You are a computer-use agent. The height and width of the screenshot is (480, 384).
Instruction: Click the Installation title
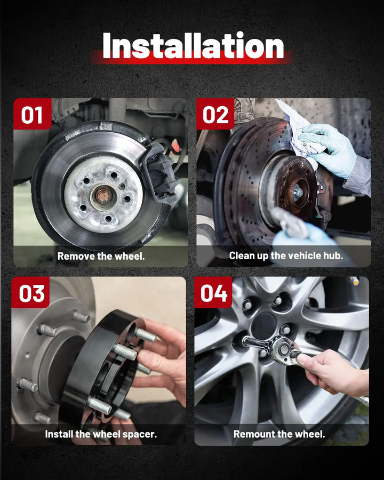(193, 46)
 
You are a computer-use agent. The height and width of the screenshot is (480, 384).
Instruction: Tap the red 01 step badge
(32, 114)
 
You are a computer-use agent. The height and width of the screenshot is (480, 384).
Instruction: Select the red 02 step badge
(215, 114)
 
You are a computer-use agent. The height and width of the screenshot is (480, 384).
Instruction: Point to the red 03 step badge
(30, 293)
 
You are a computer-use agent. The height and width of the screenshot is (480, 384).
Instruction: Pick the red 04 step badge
(213, 293)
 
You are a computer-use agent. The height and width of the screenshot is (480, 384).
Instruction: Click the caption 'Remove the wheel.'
(101, 256)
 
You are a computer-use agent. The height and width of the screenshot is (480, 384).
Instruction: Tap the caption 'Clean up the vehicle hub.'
(286, 255)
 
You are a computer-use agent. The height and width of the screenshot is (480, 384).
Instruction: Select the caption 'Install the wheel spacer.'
(101, 434)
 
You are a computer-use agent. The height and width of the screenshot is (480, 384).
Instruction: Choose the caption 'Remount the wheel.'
(279, 434)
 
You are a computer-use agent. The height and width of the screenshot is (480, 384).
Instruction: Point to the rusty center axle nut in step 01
(103, 195)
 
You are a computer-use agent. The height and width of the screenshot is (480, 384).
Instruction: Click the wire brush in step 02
(290, 222)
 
